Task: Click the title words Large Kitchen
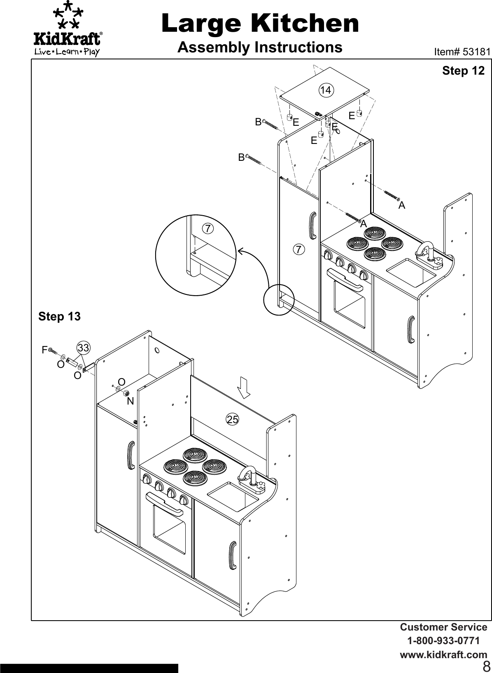coord(260,24)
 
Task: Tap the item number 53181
coord(462,52)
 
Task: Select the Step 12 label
coord(463,71)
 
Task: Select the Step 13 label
coord(59,317)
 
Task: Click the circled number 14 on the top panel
coord(326,89)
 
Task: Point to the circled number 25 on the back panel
coord(232,419)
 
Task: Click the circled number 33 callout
coord(83,348)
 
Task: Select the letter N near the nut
coord(130,401)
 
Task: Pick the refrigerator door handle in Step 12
coord(312,226)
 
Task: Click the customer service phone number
coord(443,641)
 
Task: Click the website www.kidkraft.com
coord(443,655)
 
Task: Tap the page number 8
coord(486,666)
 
